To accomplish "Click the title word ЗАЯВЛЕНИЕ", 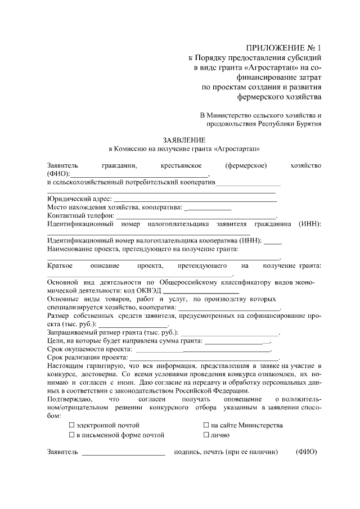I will click(x=184, y=139).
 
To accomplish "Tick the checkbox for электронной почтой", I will click(x=72, y=425).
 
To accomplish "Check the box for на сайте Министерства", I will click(x=206, y=425).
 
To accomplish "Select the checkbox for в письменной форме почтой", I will click(x=72, y=435).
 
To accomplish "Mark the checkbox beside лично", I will click(x=206, y=435).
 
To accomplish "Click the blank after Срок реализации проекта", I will click(x=204, y=358).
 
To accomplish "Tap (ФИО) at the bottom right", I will click(x=307, y=452).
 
